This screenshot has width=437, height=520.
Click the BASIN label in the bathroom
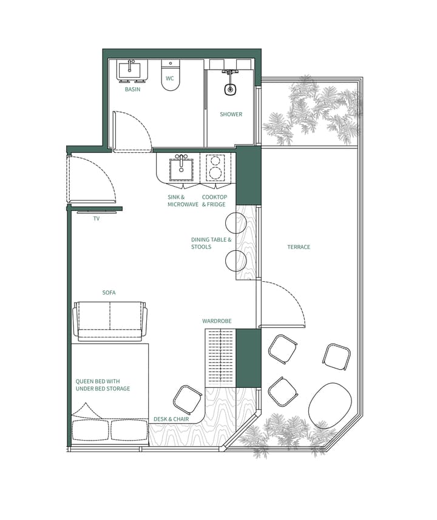coord(132,89)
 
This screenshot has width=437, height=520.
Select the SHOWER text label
coord(231,114)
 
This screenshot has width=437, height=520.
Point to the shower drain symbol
coord(230,90)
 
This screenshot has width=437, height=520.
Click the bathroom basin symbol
coord(132,70)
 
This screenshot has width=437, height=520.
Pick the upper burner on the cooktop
coord(214,161)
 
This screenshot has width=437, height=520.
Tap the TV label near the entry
coord(96,218)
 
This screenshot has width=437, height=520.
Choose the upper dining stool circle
coord(236,223)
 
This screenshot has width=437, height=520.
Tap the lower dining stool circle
coord(236,261)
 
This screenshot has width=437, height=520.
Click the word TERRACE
coord(299,247)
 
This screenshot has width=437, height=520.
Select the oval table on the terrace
coord(331,405)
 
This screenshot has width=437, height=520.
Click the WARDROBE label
coord(217,321)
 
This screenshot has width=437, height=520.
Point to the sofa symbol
coord(110,321)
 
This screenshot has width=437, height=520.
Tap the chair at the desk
coord(188,399)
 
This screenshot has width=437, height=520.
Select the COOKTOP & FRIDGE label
coord(214,201)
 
